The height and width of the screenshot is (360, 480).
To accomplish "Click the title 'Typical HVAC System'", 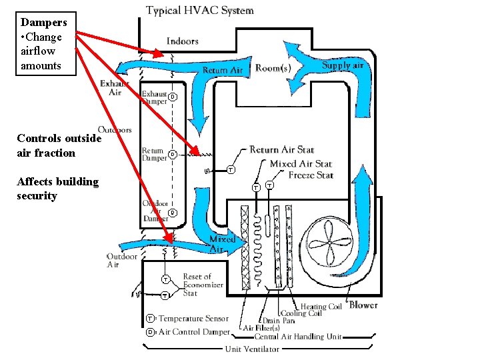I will click(199, 10).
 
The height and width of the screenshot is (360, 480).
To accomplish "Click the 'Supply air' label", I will click(343, 65).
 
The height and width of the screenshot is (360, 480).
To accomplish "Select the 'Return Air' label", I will click(224, 69).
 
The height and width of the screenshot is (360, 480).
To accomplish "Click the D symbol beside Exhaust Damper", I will click(172, 97).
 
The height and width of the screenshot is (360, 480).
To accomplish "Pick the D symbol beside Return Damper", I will click(172, 155).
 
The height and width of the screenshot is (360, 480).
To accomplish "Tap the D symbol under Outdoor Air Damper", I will click(172, 213).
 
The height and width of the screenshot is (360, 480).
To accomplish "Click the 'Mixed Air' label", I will click(222, 243).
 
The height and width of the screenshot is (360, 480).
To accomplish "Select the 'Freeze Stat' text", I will click(311, 175).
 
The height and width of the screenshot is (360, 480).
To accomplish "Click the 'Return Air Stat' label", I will click(281, 150).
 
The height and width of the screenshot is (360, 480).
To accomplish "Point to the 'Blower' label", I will click(363, 305).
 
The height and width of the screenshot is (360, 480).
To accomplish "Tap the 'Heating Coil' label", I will click(321, 307).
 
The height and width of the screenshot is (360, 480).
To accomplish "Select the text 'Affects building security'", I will click(57, 189).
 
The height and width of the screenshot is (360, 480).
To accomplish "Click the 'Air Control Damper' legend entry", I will click(193, 331).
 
